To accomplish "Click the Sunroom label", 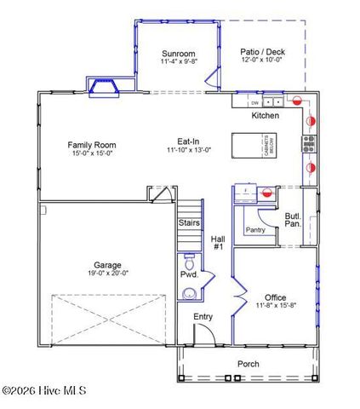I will (179, 53).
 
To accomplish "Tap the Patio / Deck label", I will (264, 52).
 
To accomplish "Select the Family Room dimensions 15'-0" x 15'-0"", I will (91, 154).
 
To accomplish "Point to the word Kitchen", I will (265, 115).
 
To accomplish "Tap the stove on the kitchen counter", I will (309, 143).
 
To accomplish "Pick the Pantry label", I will (255, 230).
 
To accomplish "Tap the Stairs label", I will (189, 223).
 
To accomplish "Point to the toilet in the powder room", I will (189, 261).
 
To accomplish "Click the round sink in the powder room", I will (189, 294).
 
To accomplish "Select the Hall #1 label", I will (217, 243).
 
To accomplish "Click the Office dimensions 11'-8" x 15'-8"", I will (275, 307).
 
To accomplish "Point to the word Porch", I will (249, 364).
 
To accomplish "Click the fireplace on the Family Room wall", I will (105, 86).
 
